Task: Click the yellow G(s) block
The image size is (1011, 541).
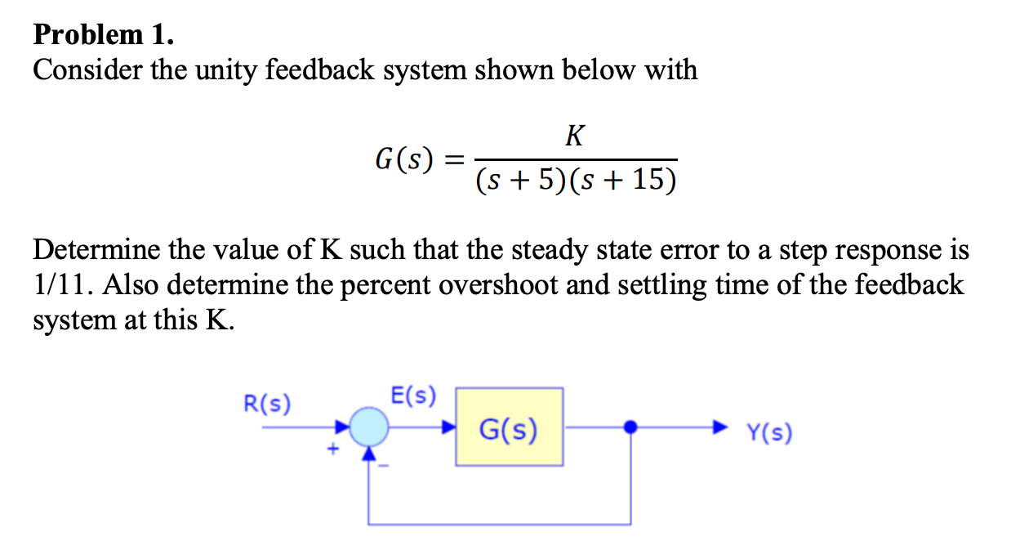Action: (x=508, y=427)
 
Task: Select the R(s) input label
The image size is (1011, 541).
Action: (x=268, y=404)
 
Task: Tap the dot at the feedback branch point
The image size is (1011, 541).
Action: (x=630, y=427)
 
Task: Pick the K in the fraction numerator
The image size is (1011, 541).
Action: (x=575, y=136)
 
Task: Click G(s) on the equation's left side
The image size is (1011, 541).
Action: (x=404, y=158)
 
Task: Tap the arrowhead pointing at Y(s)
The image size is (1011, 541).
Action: (x=719, y=427)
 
